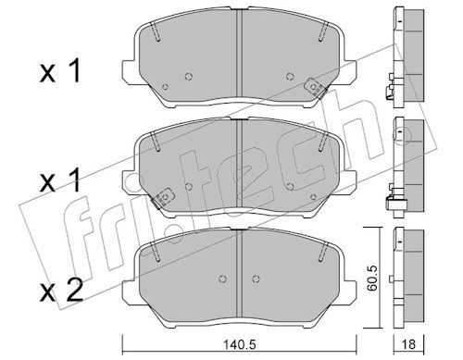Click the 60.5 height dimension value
pos(373,278)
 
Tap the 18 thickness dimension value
pos(408,344)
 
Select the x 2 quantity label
pos(61,291)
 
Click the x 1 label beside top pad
pos(60,71)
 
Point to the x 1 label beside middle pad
pos(60,180)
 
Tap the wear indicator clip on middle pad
pos(163,198)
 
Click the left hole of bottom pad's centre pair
pos(222,279)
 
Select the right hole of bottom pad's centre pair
pos(256,279)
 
